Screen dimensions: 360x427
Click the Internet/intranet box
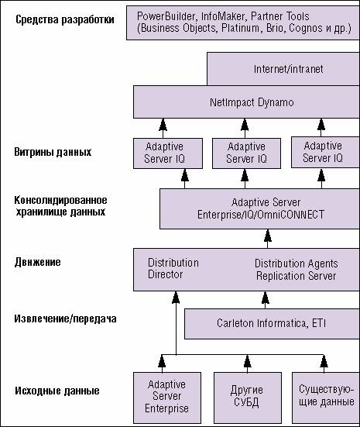point(283,69)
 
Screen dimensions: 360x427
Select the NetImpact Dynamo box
point(246,102)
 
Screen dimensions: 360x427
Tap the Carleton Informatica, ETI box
point(272,323)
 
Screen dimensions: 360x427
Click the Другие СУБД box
point(248,398)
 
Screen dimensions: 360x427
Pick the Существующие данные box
point(326,398)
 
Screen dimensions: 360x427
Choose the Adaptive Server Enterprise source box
point(167,398)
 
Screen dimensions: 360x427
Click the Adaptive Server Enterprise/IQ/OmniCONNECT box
point(260,209)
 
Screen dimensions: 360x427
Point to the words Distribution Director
point(173,268)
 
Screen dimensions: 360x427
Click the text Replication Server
point(296,276)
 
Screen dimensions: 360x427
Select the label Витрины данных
point(53,152)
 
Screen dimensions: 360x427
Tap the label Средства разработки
point(65,19)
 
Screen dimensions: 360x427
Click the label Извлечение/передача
point(65,319)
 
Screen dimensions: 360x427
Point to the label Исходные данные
point(57,391)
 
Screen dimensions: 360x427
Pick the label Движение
point(38,262)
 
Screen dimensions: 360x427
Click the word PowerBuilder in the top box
point(166,16)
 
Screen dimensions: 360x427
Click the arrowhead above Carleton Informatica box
point(266,298)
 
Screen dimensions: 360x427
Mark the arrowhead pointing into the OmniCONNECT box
point(268,236)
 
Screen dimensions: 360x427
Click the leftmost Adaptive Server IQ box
point(168,153)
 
